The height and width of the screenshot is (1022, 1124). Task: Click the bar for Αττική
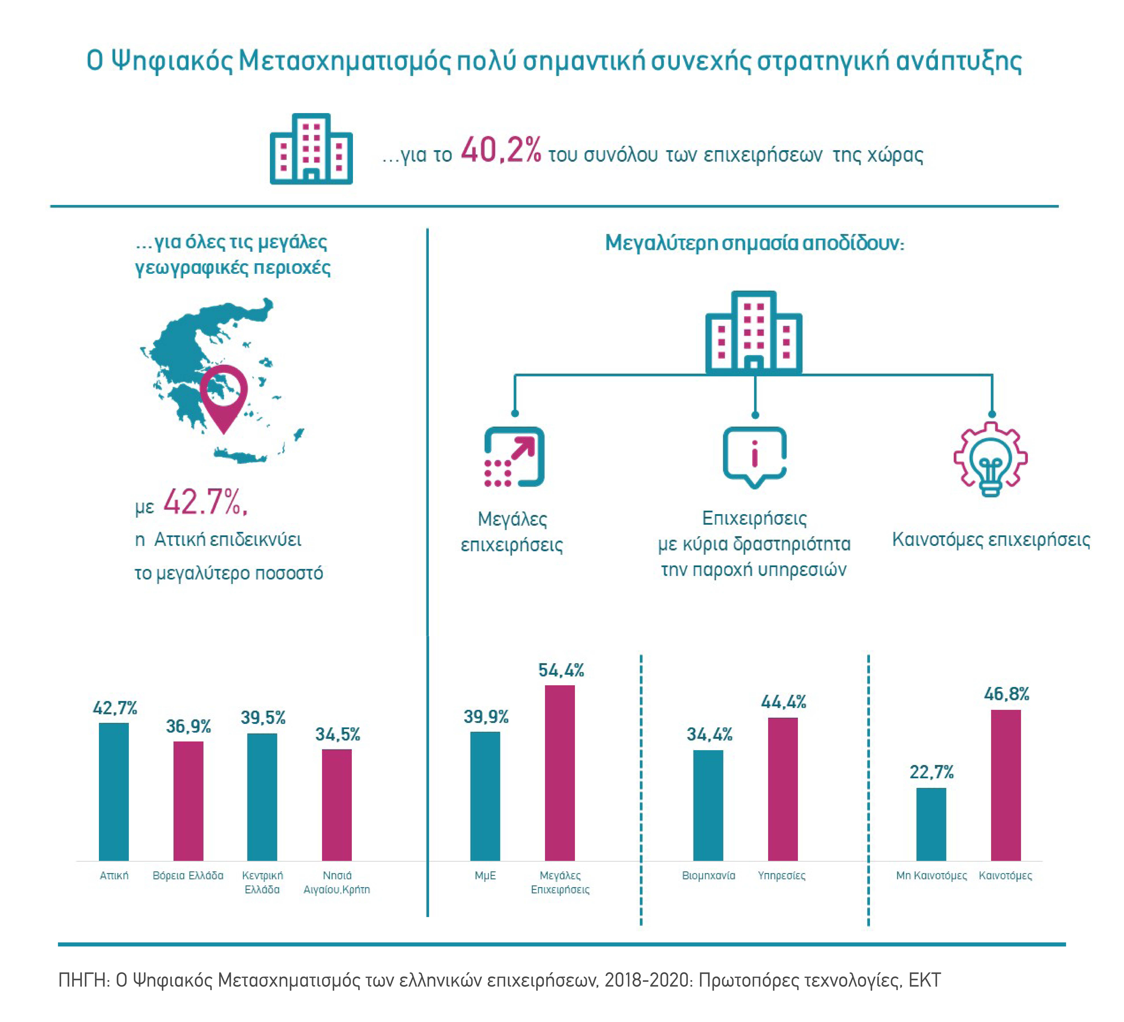tap(114, 792)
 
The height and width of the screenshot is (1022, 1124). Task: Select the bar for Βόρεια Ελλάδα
tap(188, 801)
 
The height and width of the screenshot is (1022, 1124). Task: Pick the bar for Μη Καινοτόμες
tap(931, 824)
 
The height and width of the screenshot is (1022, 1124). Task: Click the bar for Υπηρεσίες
tap(783, 789)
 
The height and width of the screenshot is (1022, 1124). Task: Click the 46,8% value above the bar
tap(1006, 694)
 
